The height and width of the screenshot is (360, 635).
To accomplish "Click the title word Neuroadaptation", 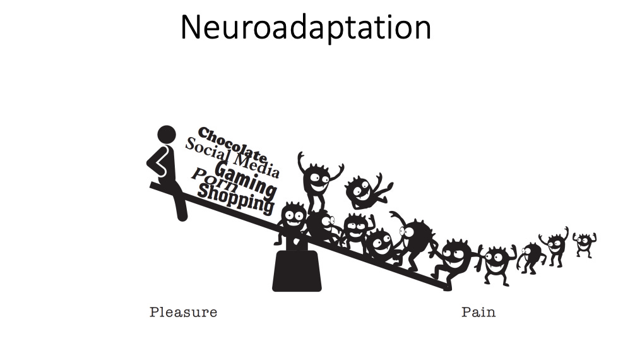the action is click(306, 28).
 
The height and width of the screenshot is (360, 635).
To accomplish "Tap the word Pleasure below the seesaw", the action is click(183, 312).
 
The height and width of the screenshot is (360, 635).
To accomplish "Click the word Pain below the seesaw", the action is click(478, 312).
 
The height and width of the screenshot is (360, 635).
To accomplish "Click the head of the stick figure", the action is click(166, 135).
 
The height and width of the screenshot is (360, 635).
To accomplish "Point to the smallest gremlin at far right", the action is click(584, 244).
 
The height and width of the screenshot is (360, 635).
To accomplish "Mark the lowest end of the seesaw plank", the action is click(447, 287).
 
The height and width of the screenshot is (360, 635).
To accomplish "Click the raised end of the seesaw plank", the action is click(154, 185).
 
